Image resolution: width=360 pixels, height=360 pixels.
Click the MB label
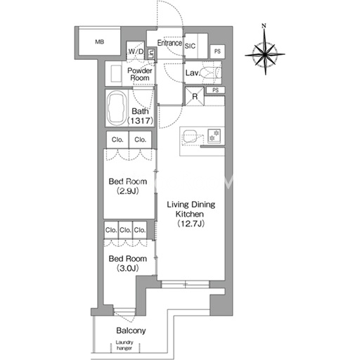(100, 42)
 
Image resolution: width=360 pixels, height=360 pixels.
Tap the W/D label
(136, 51)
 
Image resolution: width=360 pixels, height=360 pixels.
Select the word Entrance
(169, 43)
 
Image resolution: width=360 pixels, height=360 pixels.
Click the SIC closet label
(190, 46)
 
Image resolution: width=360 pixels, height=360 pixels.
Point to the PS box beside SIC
(217, 51)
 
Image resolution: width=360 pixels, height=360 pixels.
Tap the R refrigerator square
(195, 96)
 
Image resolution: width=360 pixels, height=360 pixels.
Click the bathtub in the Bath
(117, 108)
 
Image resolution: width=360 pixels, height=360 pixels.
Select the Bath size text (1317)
(140, 121)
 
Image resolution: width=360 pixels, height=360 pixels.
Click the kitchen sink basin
(190, 136)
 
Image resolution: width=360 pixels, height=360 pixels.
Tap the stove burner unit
(214, 136)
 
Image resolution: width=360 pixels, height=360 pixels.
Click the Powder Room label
(140, 74)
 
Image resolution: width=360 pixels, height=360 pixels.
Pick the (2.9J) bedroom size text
(128, 191)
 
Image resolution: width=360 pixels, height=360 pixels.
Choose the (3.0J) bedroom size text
(128, 268)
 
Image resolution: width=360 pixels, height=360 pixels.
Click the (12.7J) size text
(191, 224)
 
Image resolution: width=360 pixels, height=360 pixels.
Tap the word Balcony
(131, 330)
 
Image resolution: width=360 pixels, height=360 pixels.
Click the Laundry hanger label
(124, 345)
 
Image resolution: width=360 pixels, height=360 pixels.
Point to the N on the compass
(264, 25)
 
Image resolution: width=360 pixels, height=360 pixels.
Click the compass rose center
(265, 55)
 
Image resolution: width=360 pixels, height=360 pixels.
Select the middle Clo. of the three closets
(125, 230)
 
